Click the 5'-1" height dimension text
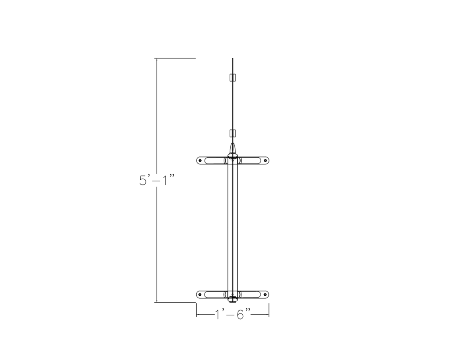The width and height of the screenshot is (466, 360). point(157,180)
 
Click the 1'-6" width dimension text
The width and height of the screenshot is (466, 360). point(233,315)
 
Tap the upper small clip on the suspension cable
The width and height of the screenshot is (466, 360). point(233,77)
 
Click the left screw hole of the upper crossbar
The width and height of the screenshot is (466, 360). point(200,160)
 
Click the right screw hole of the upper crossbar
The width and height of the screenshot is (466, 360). point(266,160)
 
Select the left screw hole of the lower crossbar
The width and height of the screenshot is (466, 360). point(200,294)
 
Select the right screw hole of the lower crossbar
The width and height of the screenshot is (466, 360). point(266,294)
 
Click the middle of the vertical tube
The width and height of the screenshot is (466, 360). point(233,227)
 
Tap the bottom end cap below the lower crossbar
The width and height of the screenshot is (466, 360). point(233,301)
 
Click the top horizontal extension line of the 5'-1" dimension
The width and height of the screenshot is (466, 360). point(175,58)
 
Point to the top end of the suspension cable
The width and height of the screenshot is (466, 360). point(233,59)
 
